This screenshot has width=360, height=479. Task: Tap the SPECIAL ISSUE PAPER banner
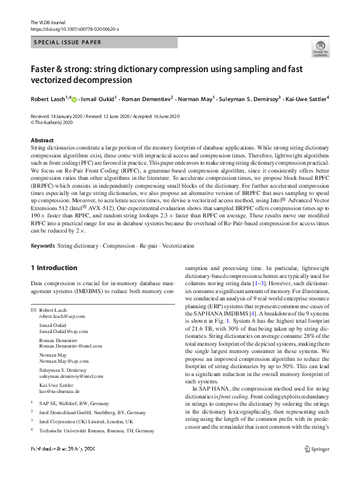[67, 42]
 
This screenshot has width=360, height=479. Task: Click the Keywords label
[42, 246]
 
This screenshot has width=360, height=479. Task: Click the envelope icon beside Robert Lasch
[33, 309]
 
